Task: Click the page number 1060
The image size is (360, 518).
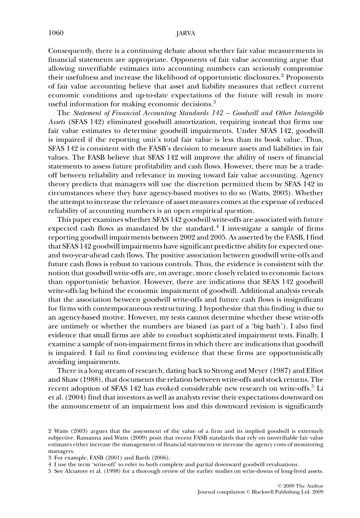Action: (x=56, y=33)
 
